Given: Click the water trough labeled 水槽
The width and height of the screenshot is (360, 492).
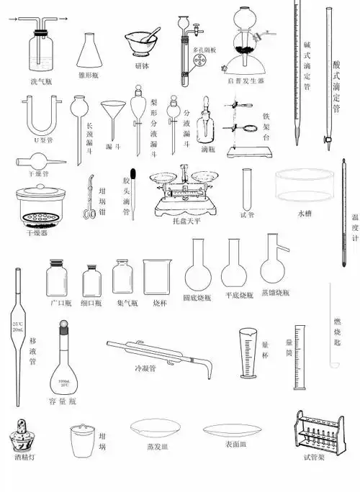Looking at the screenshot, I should [305, 188].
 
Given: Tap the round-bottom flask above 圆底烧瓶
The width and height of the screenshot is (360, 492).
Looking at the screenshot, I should [199, 265].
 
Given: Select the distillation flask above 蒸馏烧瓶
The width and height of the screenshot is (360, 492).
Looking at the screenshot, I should [274, 263].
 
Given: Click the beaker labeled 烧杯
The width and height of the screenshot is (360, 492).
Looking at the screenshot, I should [158, 277].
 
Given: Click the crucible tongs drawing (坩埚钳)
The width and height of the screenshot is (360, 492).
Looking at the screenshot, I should [89, 198].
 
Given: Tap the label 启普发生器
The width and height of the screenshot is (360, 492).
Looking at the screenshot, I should [246, 81].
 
